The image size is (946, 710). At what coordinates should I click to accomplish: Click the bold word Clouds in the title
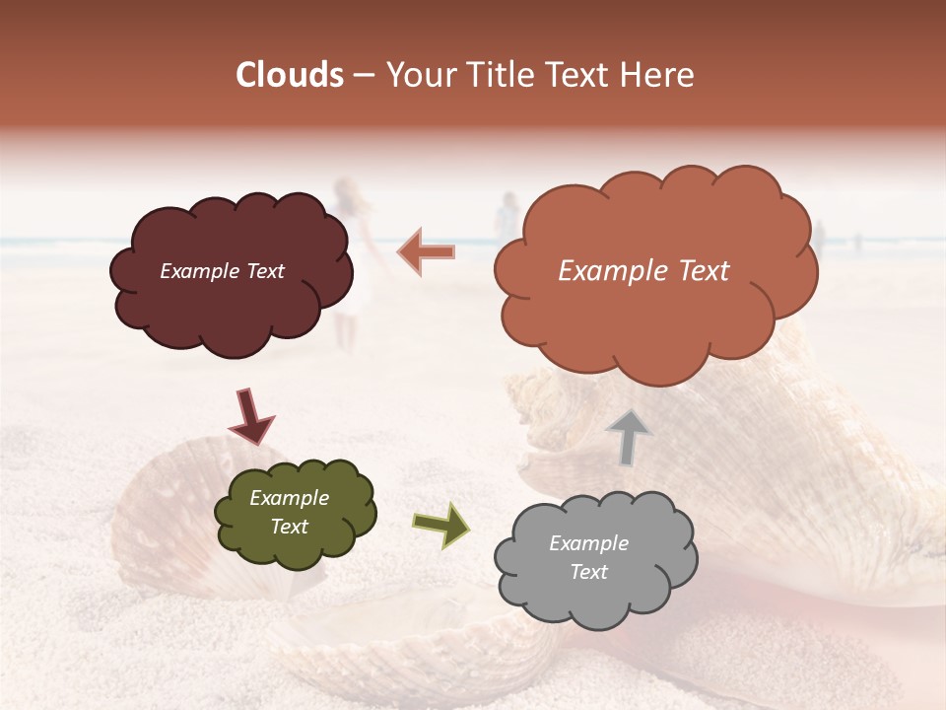(x=290, y=75)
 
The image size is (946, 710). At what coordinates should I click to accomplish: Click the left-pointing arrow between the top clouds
(x=426, y=252)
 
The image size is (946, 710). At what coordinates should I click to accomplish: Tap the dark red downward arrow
(x=251, y=416)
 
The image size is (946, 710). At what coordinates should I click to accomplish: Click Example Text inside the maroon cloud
(x=222, y=271)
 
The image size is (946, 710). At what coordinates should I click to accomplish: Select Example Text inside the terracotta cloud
(x=643, y=271)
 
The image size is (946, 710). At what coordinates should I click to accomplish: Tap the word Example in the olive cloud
(x=289, y=498)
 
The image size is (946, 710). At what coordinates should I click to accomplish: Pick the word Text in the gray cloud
(x=588, y=572)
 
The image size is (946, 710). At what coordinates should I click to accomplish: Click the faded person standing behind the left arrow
(x=507, y=219)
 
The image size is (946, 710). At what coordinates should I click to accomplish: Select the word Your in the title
(x=418, y=75)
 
